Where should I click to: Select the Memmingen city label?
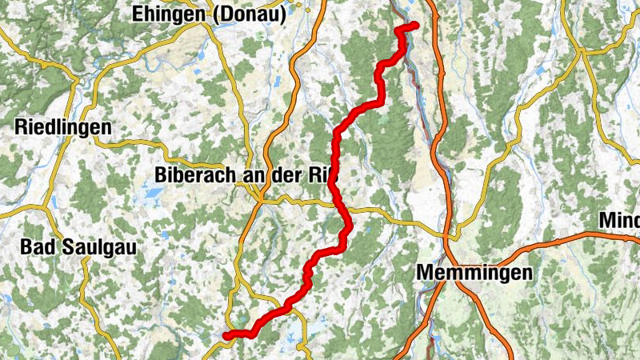click(x=474, y=273)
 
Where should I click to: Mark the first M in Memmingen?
click(x=425, y=273)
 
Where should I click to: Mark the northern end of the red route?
click(x=415, y=26)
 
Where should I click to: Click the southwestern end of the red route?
click(x=226, y=336)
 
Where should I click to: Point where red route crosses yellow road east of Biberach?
click(x=339, y=206)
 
